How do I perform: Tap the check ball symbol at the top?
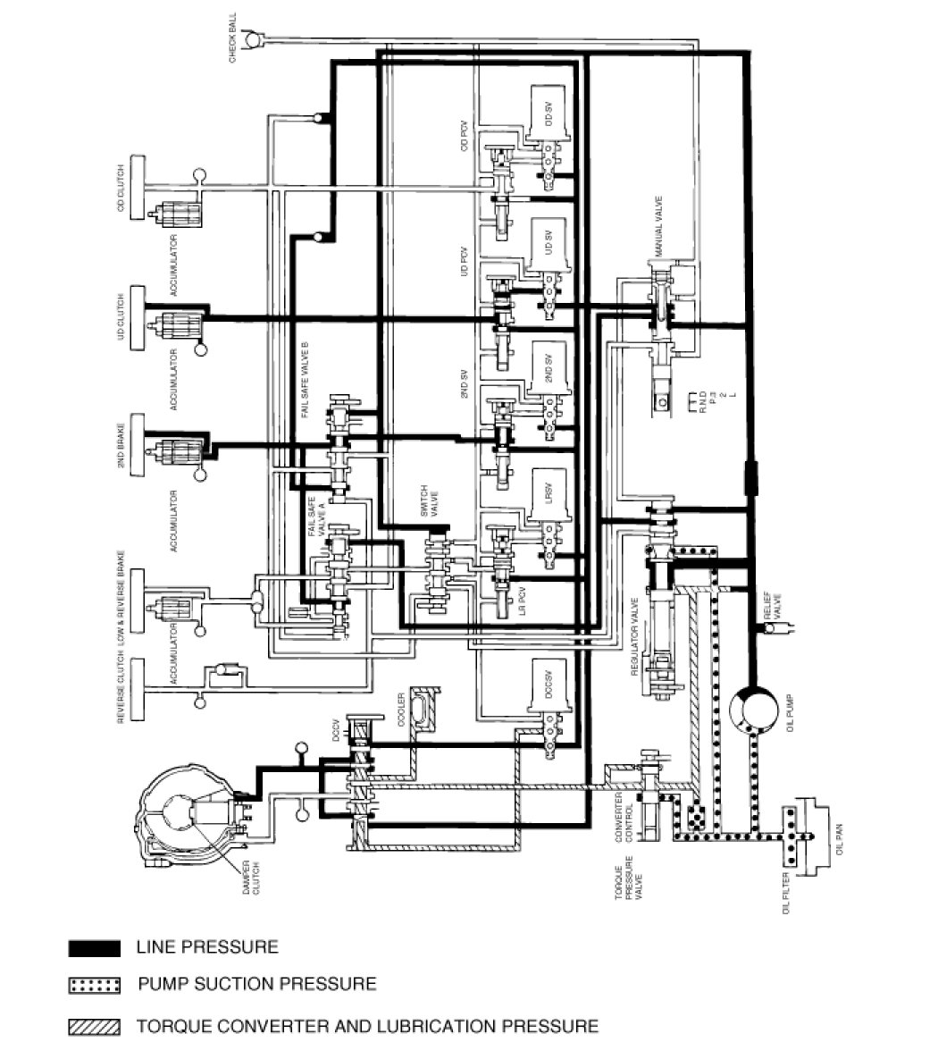(253, 38)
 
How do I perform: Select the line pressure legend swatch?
(93, 947)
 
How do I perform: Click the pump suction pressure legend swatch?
(93, 986)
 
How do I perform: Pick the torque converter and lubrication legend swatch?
(93, 1027)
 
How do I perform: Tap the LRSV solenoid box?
(549, 494)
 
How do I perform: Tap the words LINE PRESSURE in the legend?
(207, 946)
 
